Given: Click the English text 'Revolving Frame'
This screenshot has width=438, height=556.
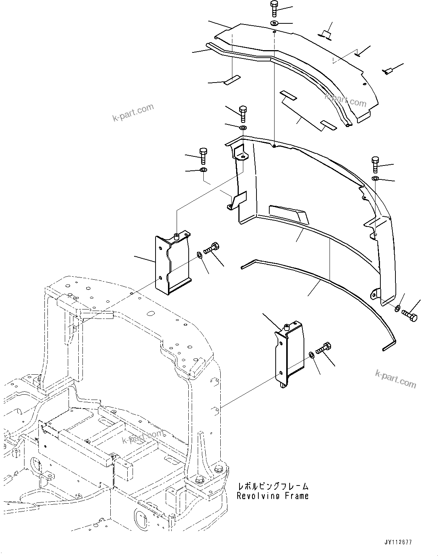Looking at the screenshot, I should tap(272, 496).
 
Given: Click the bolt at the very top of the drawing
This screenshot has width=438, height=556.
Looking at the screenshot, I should tap(274, 8).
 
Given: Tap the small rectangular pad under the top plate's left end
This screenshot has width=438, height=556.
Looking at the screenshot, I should tap(232, 80).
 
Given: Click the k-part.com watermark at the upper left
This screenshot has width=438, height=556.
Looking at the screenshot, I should tap(133, 113).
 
